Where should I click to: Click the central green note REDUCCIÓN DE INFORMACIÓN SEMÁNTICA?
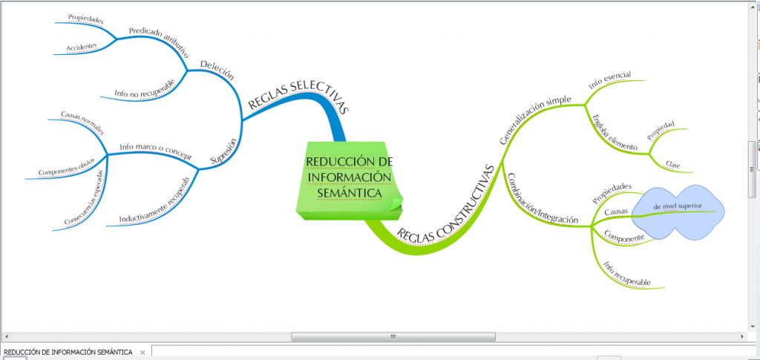pyautogui.click(x=348, y=178)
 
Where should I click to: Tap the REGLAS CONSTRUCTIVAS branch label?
pyautogui.click(x=446, y=204)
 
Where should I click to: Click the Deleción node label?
pyautogui.click(x=217, y=74)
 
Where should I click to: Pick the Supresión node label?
pyautogui.click(x=223, y=150)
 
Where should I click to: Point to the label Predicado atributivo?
pyautogui.click(x=158, y=42)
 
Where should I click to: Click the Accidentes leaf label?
pyautogui.click(x=82, y=46)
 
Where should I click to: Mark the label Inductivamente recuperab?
pyautogui.click(x=160, y=201)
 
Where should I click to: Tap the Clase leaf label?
pyautogui.click(x=673, y=164)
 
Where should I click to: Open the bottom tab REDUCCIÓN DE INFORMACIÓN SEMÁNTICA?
pyautogui.click(x=68, y=352)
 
